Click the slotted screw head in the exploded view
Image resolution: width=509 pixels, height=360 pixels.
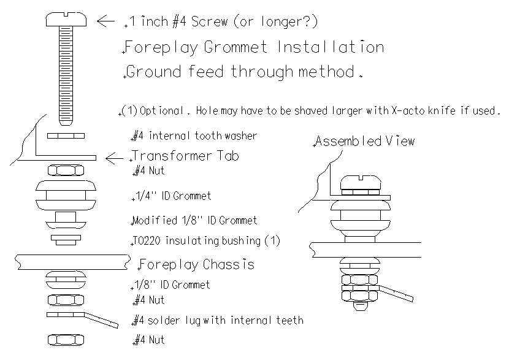(x=66, y=19)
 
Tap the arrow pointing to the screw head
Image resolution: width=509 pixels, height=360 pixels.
(x=106, y=21)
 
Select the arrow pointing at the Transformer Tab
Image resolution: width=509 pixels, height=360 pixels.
(x=114, y=158)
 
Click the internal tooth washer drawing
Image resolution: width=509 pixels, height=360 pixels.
(x=66, y=136)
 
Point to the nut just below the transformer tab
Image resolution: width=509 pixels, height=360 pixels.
(x=66, y=170)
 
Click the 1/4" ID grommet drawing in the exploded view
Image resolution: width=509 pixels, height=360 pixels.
(x=66, y=196)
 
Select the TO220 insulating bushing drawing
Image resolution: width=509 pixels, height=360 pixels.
(x=66, y=240)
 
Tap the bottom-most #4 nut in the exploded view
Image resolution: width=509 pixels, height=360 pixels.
(x=66, y=340)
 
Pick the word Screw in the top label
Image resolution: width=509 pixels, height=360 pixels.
(x=209, y=21)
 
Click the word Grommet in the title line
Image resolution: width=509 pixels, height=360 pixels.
(x=235, y=47)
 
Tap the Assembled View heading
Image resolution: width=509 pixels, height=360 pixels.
(x=365, y=141)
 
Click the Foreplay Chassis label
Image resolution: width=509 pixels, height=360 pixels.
(x=197, y=264)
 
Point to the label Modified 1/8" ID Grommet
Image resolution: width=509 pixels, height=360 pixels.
(x=194, y=220)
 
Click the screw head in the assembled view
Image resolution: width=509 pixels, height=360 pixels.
(x=361, y=183)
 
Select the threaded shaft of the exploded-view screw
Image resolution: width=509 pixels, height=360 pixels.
(x=66, y=75)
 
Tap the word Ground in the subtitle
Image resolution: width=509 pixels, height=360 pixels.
(x=153, y=72)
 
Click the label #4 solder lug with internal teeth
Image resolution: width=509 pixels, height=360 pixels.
(x=218, y=320)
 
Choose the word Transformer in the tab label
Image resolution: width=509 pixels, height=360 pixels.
(x=171, y=156)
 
